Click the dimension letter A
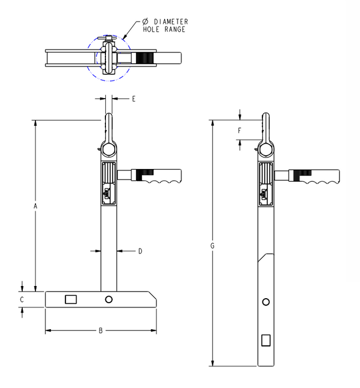point(35,206)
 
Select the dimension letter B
point(100,330)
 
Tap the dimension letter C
point(22,299)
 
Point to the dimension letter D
point(140,251)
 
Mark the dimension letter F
point(240,131)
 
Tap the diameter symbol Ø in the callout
point(138,22)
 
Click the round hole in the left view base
point(109,299)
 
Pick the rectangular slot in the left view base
point(70,299)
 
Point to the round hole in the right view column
point(266,302)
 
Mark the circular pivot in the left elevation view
point(109,150)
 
